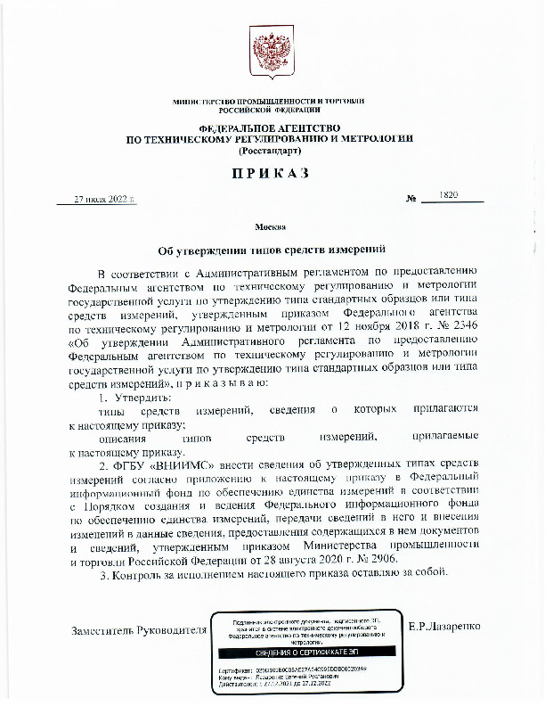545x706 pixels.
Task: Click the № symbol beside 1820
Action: click(411, 199)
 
